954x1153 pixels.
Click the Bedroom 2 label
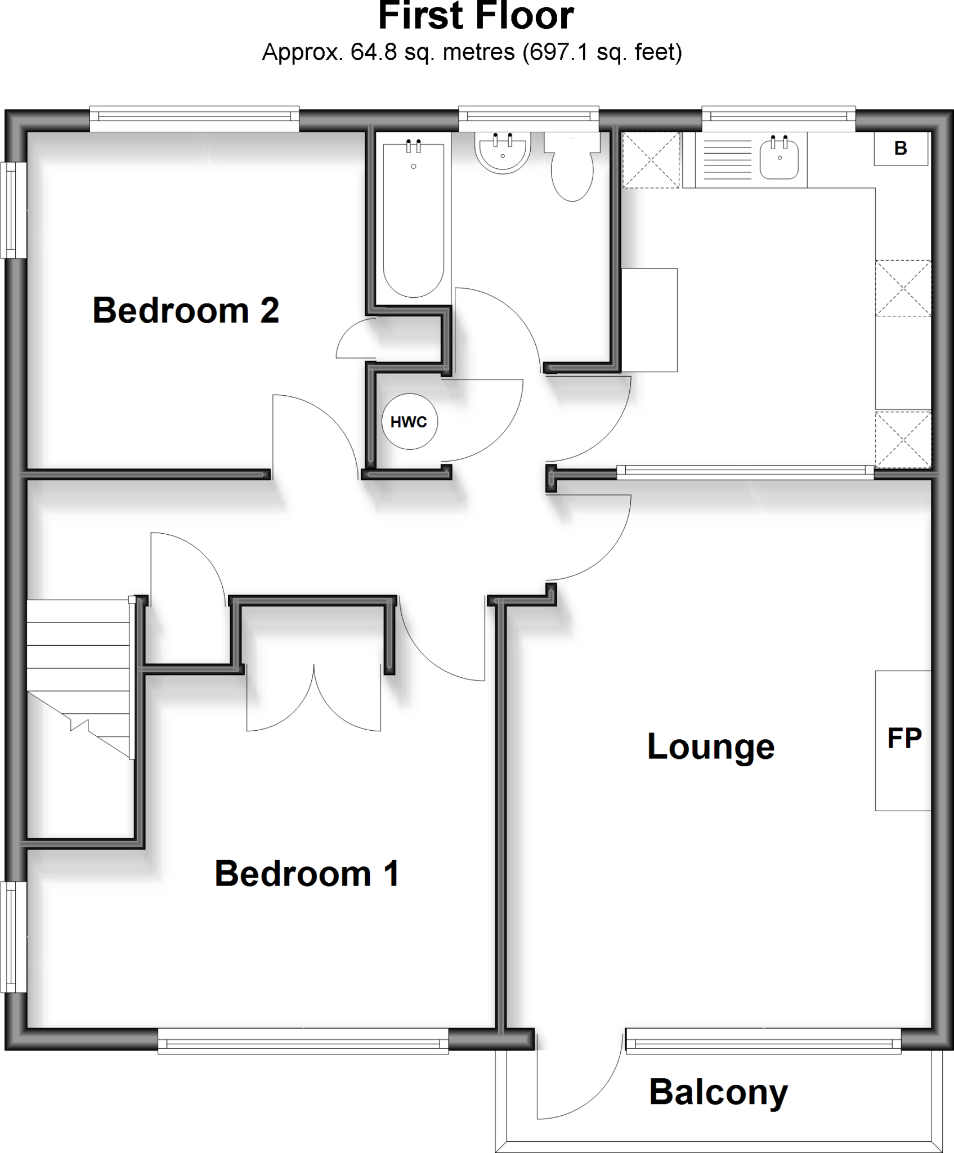tap(186, 310)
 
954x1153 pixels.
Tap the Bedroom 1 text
tap(307, 873)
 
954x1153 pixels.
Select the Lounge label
tap(711, 747)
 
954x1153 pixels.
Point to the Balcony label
tap(718, 1092)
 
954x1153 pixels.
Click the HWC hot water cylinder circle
tap(409, 422)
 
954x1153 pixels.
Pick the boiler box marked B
tap(901, 149)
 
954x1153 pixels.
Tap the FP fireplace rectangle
tap(903, 740)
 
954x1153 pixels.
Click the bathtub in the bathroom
tap(414, 220)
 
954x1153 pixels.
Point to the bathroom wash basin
tap(503, 152)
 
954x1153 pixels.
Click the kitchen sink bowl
tap(780, 159)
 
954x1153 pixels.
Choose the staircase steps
tap(79, 676)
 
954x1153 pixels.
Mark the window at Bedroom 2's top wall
tap(194, 117)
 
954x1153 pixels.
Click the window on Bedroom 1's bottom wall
tap(303, 1042)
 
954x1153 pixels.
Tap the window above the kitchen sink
tap(778, 117)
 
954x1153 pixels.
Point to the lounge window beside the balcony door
tap(763, 1042)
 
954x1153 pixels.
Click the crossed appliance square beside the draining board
tap(651, 160)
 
